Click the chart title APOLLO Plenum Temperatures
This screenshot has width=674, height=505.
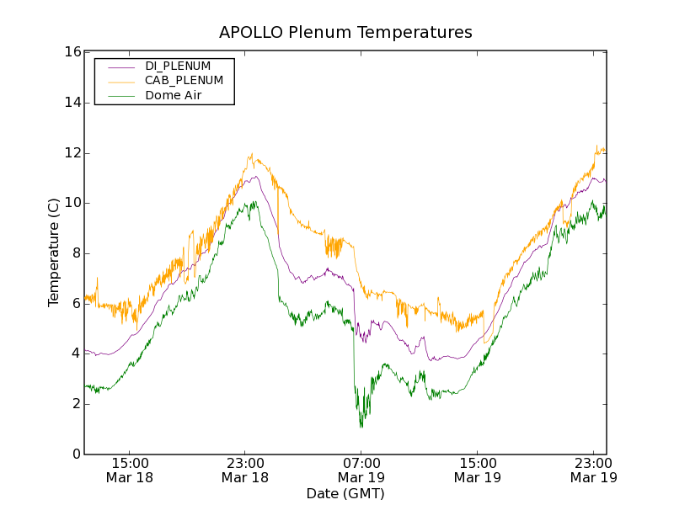point(345,33)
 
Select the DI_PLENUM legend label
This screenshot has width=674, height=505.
point(178,66)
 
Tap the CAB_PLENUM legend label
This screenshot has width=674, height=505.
point(184,81)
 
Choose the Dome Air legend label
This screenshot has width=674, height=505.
point(174,96)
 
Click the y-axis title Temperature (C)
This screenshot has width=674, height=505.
point(54,252)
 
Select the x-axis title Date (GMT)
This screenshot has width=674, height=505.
point(345,493)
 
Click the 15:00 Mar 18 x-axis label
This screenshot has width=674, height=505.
point(129,470)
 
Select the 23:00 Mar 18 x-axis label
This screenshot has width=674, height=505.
point(245,470)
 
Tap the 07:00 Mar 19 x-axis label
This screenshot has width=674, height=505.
point(361,470)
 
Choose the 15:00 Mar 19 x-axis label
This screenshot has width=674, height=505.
point(477,470)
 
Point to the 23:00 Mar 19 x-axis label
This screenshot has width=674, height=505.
point(593,470)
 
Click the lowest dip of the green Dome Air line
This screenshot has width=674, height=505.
point(361,427)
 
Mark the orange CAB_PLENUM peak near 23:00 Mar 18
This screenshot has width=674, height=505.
point(251,154)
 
